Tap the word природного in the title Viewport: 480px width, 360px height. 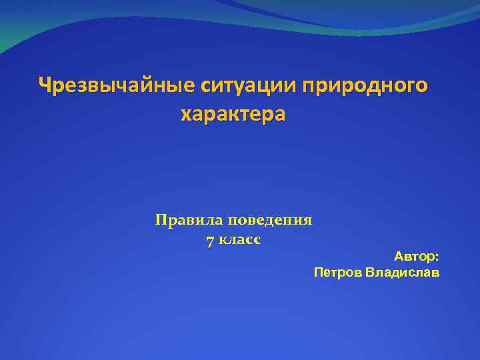tap(365, 86)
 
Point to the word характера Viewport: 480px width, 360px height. tap(233, 114)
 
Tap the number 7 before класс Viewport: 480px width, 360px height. tap(210, 241)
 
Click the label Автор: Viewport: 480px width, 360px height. tap(416, 256)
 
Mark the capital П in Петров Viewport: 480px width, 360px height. tap(318, 273)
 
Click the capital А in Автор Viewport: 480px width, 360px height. tap(398, 256)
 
